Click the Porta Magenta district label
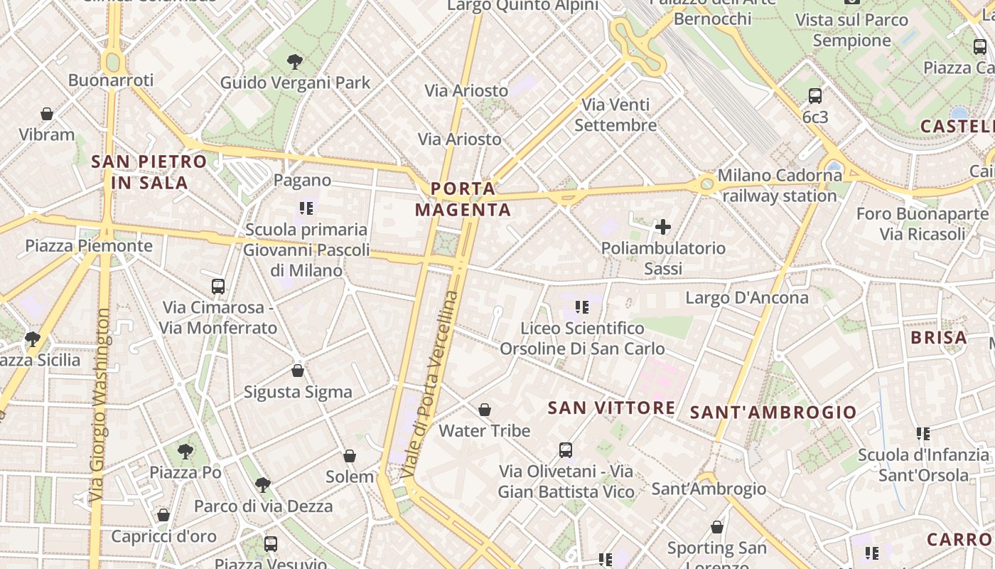point(463,199)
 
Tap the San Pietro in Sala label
point(149,172)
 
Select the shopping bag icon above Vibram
point(47,114)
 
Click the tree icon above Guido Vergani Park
point(295,62)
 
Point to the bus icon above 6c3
point(815,95)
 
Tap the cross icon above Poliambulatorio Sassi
point(662,227)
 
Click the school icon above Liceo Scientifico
point(582,307)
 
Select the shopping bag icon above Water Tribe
point(485,410)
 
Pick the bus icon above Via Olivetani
point(566,450)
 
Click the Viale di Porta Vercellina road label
point(429,384)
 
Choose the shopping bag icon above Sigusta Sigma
point(298,371)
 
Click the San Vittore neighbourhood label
point(612,408)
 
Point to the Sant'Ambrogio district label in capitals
point(773,412)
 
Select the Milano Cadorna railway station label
point(780,185)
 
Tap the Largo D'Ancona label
point(746,297)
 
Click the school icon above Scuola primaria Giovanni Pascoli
point(306,208)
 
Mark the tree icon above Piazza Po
point(185,450)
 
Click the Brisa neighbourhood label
point(939,338)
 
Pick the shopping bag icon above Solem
point(350,456)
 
